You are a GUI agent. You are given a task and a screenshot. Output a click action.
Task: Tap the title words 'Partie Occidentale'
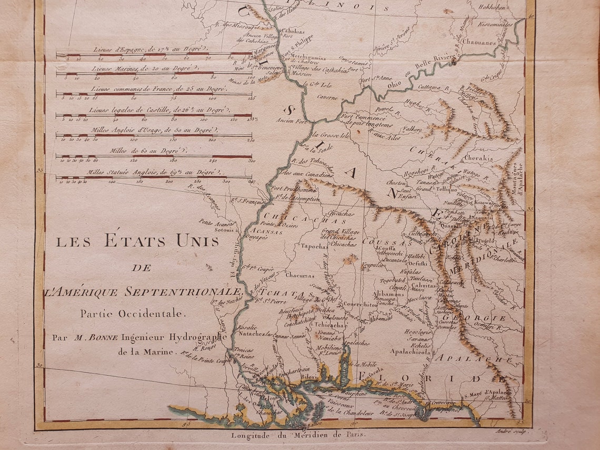133,313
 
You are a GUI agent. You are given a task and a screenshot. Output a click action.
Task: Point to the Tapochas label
314,246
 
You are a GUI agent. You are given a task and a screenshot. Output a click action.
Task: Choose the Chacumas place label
299,275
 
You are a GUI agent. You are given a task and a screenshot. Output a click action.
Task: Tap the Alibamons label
389,294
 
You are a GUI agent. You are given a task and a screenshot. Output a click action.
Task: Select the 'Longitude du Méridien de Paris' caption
298,435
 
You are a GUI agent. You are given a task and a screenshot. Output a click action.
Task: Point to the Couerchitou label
360,304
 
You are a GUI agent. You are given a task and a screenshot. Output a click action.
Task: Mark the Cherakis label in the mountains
478,158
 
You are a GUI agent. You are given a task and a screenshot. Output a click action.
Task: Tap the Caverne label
327,97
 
